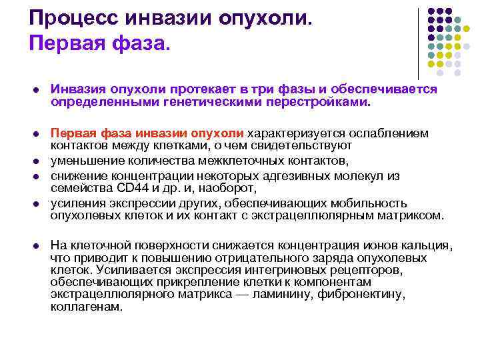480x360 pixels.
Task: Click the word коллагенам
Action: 87,307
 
